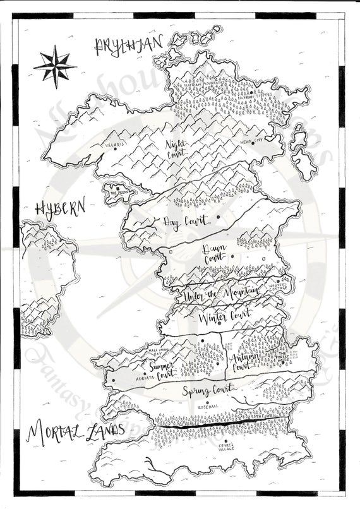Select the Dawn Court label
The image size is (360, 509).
(213, 256)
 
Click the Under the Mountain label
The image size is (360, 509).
(220, 292)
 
